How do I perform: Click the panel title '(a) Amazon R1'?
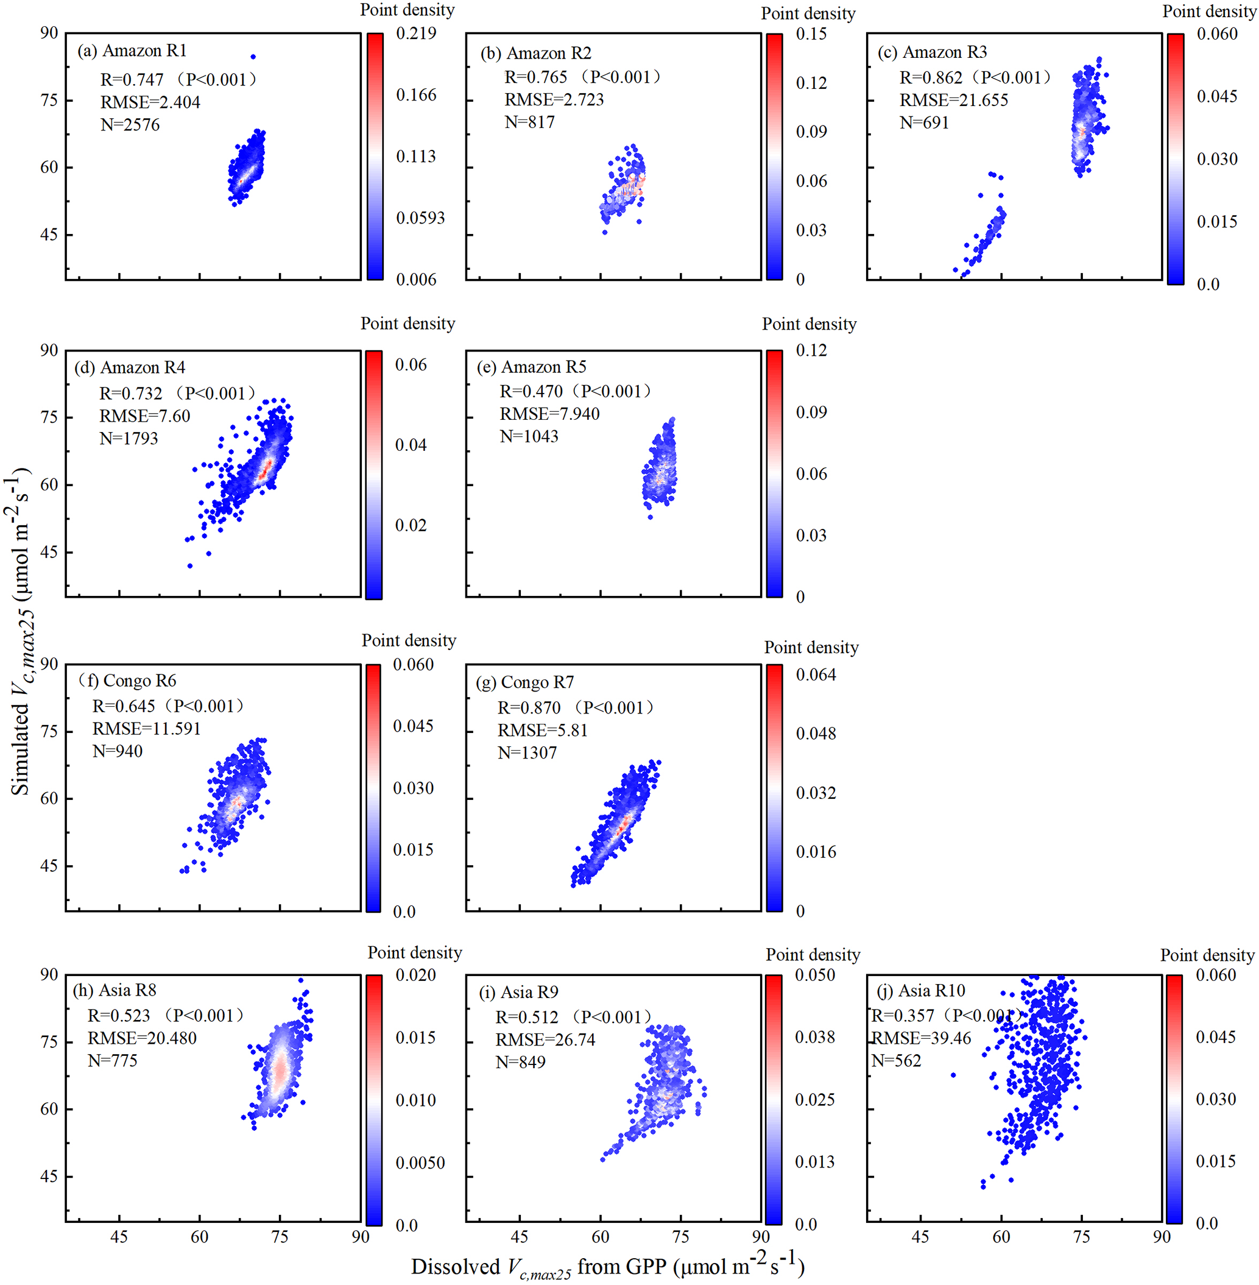click(x=132, y=51)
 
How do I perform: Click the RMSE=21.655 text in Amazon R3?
click(x=953, y=101)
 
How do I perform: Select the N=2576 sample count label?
click(x=130, y=125)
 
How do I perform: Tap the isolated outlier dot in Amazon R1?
click(x=253, y=57)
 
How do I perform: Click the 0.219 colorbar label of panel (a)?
click(x=416, y=33)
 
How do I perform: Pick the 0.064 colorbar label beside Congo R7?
click(x=816, y=674)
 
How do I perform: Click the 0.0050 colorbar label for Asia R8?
click(x=420, y=1163)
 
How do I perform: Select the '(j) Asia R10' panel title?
click(x=920, y=991)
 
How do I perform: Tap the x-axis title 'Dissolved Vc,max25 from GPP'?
click(x=607, y=1267)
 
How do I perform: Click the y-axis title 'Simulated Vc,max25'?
click(x=22, y=632)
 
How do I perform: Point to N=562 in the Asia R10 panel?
click(x=896, y=1061)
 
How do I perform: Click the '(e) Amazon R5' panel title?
click(x=532, y=367)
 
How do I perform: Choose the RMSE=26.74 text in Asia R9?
click(x=546, y=1039)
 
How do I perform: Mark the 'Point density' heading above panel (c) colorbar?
click(x=1208, y=11)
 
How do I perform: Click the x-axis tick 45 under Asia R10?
click(x=920, y=1237)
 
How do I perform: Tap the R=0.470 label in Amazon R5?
click(x=531, y=392)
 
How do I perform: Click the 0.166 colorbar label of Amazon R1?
click(x=416, y=95)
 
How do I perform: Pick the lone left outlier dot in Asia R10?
click(x=953, y=1075)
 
